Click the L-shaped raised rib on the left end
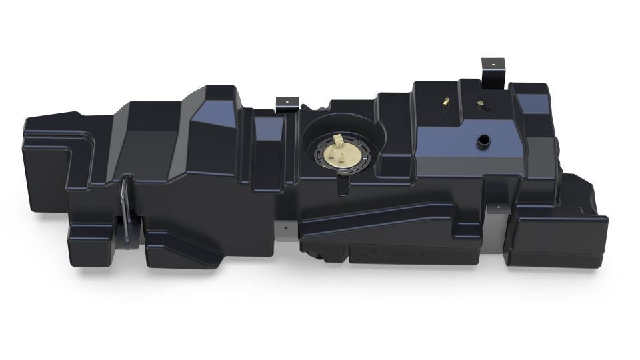click(x=53, y=153)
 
